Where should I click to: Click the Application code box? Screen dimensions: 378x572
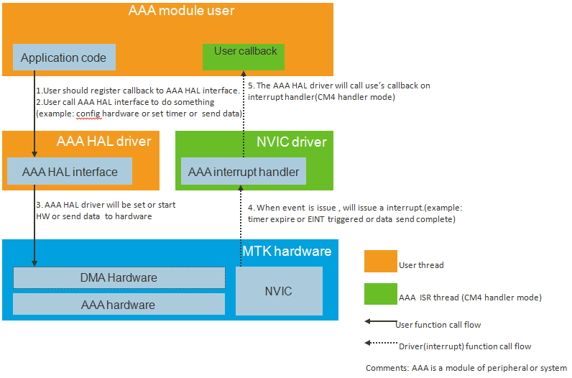(x=64, y=58)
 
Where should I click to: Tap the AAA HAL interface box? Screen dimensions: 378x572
(x=70, y=172)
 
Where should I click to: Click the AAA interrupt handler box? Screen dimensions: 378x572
(x=244, y=172)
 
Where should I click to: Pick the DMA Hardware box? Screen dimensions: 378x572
(x=119, y=277)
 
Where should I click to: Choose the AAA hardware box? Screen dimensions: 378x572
(x=119, y=305)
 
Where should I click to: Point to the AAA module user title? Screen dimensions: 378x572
(x=182, y=11)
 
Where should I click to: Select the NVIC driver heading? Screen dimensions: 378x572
(x=292, y=142)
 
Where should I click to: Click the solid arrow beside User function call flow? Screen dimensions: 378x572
(x=380, y=323)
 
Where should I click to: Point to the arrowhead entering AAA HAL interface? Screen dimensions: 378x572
(x=34, y=154)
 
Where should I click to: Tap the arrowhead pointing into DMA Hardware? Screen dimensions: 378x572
(x=34, y=264)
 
